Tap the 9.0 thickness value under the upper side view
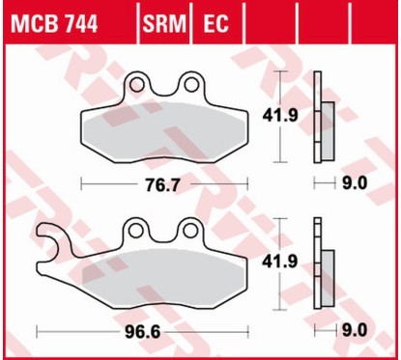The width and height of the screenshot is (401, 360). (354, 181)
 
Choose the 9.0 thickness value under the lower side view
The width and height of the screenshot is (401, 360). (354, 331)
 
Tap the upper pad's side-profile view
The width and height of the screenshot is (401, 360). (321, 118)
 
